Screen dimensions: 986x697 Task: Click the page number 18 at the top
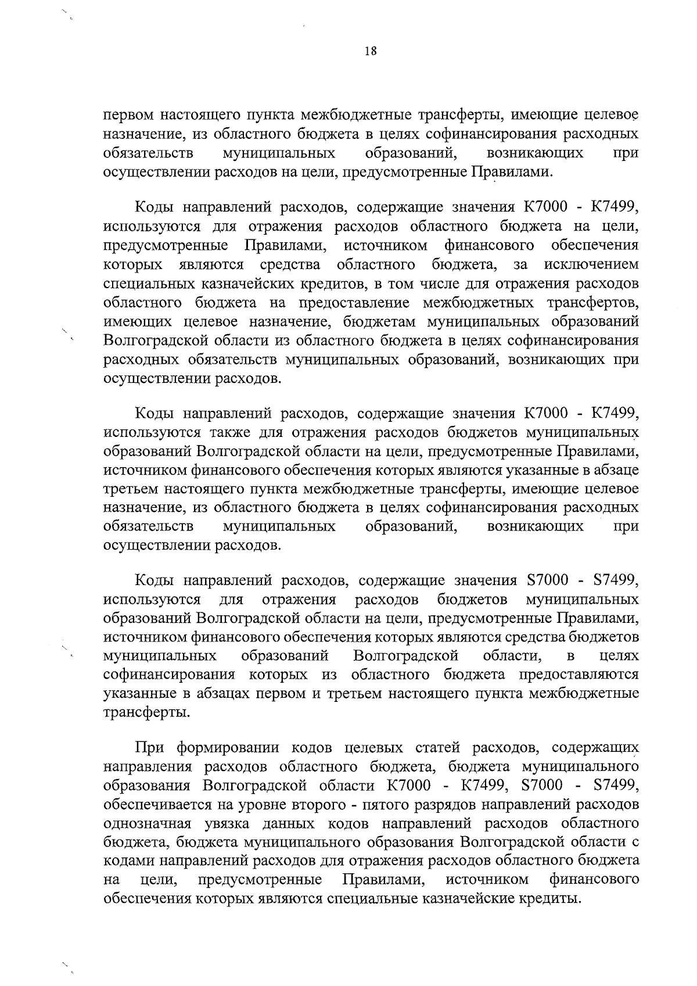pyautogui.click(x=371, y=51)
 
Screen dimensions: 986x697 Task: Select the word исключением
pyautogui.click(x=591, y=265)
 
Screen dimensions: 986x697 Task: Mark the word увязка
pyautogui.click(x=229, y=823)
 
